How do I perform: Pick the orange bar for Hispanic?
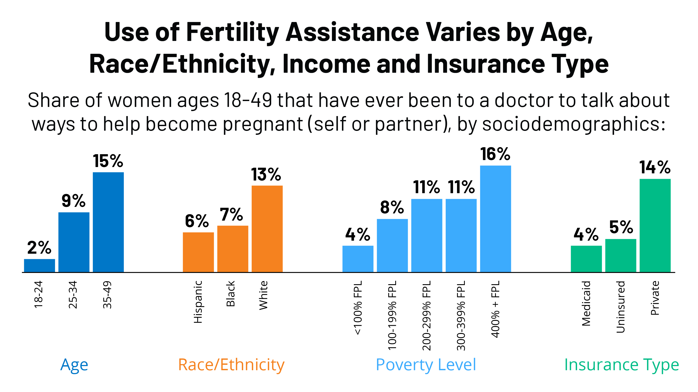(198, 252)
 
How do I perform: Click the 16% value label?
(495, 154)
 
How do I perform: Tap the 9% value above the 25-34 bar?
(74, 201)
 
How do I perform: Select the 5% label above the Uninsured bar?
(621, 227)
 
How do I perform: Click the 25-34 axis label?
(73, 295)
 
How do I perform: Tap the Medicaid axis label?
(586, 303)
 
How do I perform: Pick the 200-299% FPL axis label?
(427, 316)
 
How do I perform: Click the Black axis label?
(231, 294)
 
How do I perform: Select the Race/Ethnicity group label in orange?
(231, 365)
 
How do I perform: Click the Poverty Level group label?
(426, 365)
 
